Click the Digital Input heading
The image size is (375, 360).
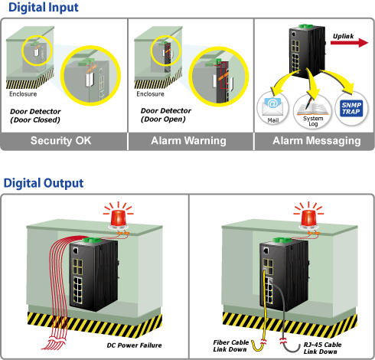44,7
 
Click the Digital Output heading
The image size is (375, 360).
44,183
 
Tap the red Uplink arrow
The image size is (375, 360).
349,42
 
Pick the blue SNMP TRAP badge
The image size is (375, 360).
351,109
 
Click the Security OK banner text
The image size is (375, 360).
60,140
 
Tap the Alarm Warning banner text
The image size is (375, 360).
188,141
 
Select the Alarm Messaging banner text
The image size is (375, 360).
317,141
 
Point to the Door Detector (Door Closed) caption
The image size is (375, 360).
35,116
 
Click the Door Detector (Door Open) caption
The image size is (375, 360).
166,115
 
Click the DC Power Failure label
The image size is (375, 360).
134,345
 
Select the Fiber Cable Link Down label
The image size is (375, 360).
231,345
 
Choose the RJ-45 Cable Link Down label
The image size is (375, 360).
322,348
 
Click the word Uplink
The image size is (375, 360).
343,36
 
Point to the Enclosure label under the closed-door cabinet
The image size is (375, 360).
23,94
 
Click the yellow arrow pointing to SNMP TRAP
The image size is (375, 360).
338,78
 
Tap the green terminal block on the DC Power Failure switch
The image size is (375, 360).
92,240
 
